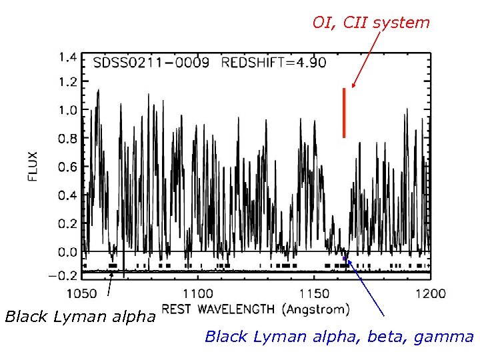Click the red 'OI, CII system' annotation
tap(371, 23)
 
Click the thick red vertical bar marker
tap(344, 113)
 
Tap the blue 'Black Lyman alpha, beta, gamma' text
tap(339, 337)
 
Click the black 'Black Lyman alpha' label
tap(80, 316)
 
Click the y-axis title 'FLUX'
tap(33, 167)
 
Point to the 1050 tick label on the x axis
tap(81, 293)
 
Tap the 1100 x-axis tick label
tap(197, 293)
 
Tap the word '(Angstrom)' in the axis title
tap(316, 309)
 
